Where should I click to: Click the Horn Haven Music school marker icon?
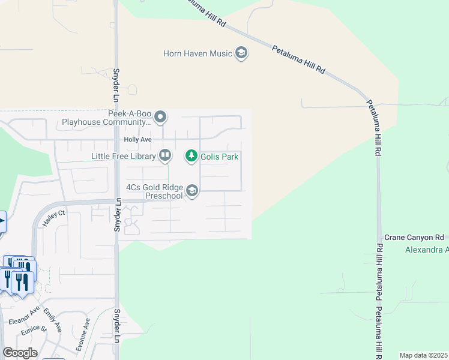(x=241, y=53)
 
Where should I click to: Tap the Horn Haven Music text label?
(x=197, y=53)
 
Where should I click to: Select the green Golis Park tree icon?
(x=191, y=157)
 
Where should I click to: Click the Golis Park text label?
(x=220, y=157)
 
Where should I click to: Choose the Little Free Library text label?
(x=123, y=156)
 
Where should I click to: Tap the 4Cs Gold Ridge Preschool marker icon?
(x=192, y=191)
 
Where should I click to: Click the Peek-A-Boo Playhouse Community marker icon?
(x=160, y=116)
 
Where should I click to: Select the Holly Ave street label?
(x=137, y=139)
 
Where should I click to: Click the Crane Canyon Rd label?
(x=414, y=238)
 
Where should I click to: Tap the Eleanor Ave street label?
(x=24, y=316)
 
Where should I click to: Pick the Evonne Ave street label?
(x=87, y=331)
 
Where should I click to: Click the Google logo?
(x=20, y=352)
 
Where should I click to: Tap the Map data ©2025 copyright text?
(x=423, y=355)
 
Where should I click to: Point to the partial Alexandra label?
(x=427, y=250)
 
